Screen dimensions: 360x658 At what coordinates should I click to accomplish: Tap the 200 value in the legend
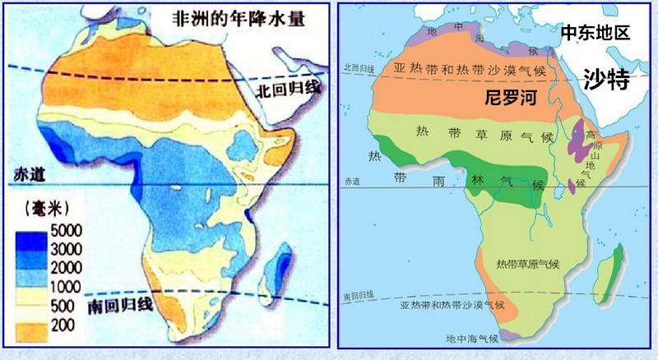(64, 326)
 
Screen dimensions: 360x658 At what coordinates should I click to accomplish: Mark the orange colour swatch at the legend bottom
(31, 326)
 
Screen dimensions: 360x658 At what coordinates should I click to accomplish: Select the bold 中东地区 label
(595, 34)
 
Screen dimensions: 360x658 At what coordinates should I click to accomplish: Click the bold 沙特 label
(606, 79)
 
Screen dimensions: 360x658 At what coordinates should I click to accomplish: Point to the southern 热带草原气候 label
(527, 264)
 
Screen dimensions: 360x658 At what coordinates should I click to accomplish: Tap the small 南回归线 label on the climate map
(359, 295)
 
